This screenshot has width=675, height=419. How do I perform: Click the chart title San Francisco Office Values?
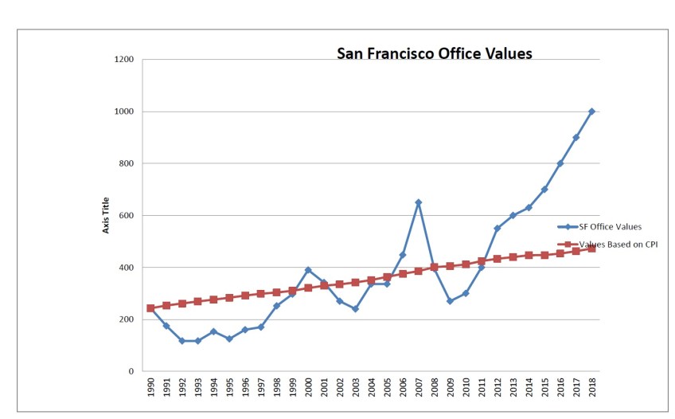pyautogui.click(x=434, y=53)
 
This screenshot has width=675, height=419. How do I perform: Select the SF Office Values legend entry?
pyautogui.click(x=610, y=226)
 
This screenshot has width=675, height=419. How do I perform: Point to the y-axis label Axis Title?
pyautogui.click(x=106, y=216)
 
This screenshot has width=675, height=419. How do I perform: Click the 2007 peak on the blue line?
pyautogui.click(x=418, y=202)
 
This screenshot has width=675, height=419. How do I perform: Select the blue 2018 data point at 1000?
pyautogui.click(x=591, y=112)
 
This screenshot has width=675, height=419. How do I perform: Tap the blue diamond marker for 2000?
pyautogui.click(x=308, y=270)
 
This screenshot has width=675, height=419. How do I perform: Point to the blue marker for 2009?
pyautogui.click(x=450, y=301)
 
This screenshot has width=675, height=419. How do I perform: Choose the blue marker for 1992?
pyautogui.click(x=181, y=341)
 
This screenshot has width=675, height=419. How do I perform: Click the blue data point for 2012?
pyautogui.click(x=497, y=229)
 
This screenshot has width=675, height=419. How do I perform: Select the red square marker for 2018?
pyautogui.click(x=591, y=249)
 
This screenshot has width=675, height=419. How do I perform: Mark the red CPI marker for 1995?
pyautogui.click(x=229, y=298)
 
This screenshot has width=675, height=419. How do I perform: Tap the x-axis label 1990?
pyautogui.click(x=150, y=388)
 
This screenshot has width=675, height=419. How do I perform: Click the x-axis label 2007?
pyautogui.click(x=419, y=388)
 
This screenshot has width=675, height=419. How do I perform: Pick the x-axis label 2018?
pyautogui.click(x=592, y=388)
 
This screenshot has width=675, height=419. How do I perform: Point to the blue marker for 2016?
pyautogui.click(x=560, y=163)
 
